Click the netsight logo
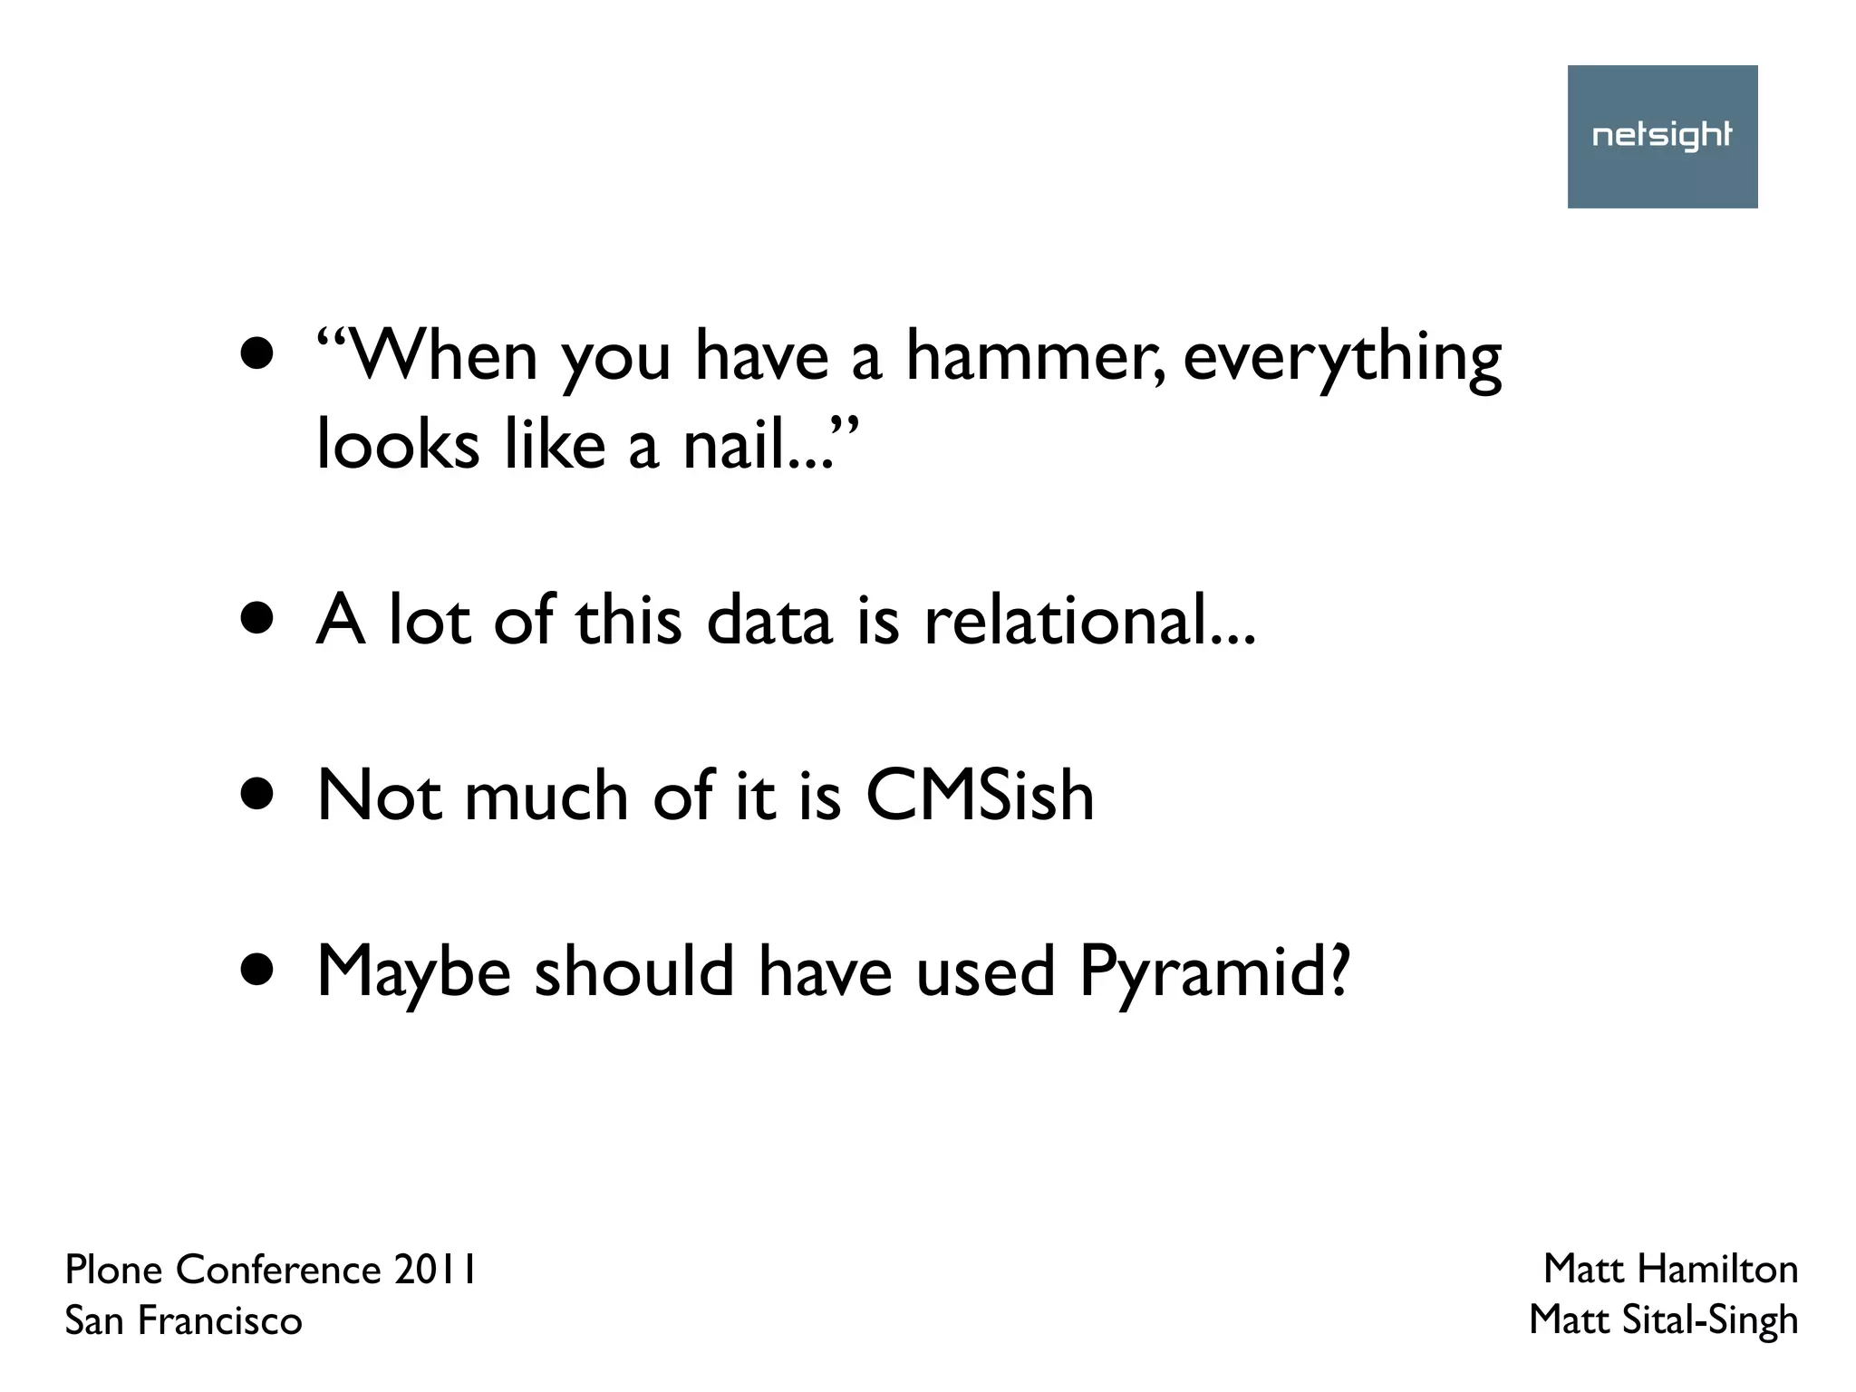pyautogui.click(x=1662, y=136)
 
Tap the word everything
pyautogui.click(x=1342, y=359)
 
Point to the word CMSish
pyautogui.click(x=980, y=796)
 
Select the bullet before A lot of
pyautogui.click(x=258, y=619)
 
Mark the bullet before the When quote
pyautogui.click(x=258, y=355)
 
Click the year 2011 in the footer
pyautogui.click(x=435, y=1270)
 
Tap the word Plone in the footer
pyautogui.click(x=115, y=1270)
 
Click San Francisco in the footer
pyautogui.click(x=183, y=1321)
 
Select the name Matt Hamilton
pyautogui.click(x=1670, y=1269)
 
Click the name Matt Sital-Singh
pyautogui.click(x=1663, y=1320)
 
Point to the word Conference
pyautogui.click(x=278, y=1270)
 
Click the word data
pyautogui.click(x=768, y=621)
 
